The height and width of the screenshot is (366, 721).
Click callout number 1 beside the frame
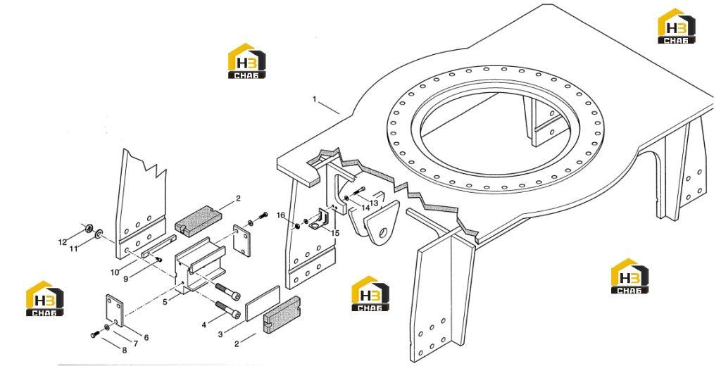315,99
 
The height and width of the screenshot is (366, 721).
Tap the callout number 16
281,215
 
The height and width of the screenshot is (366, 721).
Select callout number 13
374,203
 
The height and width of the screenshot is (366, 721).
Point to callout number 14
365,208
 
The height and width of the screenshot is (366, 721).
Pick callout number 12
63,242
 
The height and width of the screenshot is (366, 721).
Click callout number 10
115,272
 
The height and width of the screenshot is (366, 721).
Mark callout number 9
126,278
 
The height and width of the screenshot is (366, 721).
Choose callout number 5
165,302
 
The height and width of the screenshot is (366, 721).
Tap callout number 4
204,325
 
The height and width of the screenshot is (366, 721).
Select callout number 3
220,335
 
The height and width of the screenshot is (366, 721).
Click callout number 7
136,343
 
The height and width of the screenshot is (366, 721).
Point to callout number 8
124,350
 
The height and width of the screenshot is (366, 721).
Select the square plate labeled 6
115,310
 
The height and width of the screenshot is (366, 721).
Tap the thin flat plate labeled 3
263,303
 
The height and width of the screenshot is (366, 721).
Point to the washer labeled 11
99,234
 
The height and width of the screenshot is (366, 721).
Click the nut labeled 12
89,227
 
